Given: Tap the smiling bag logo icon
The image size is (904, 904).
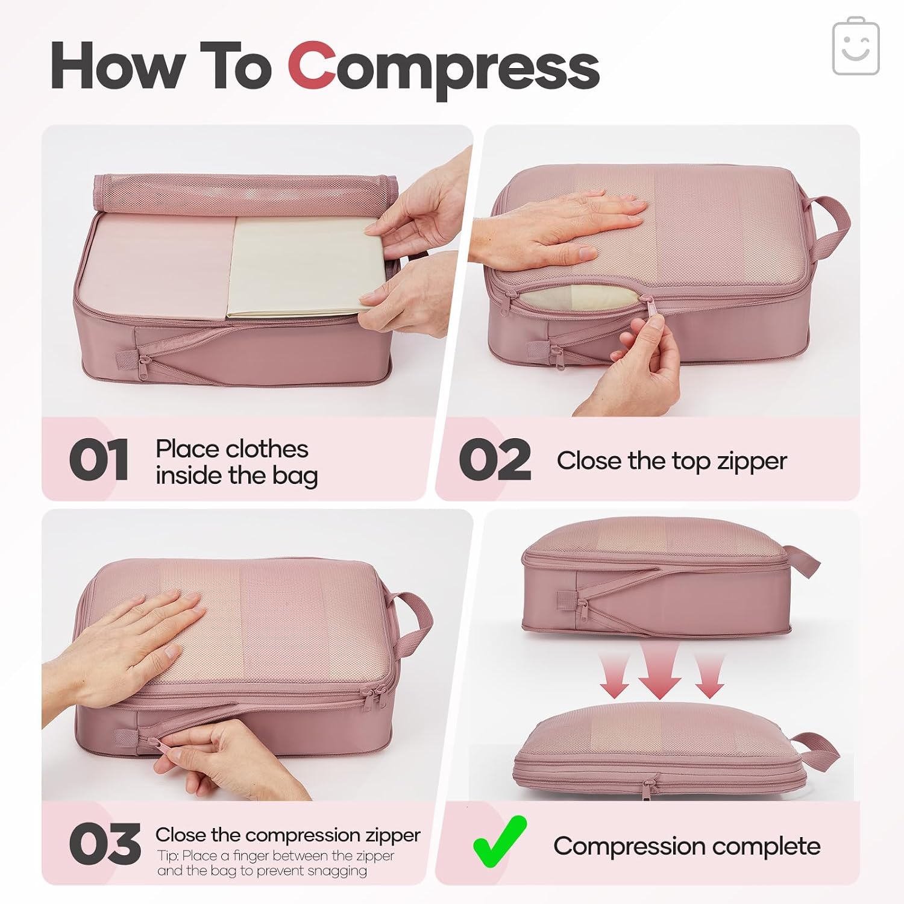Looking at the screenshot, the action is (856, 46).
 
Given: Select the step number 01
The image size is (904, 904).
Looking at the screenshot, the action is (99, 460).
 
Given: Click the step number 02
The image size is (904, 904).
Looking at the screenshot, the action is (495, 460).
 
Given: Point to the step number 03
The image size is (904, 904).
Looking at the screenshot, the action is (105, 844).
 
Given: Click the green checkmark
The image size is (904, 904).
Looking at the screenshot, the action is (500, 841).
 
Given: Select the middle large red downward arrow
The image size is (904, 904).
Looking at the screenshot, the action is (660, 669).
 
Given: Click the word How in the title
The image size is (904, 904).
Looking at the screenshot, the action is (118, 66).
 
